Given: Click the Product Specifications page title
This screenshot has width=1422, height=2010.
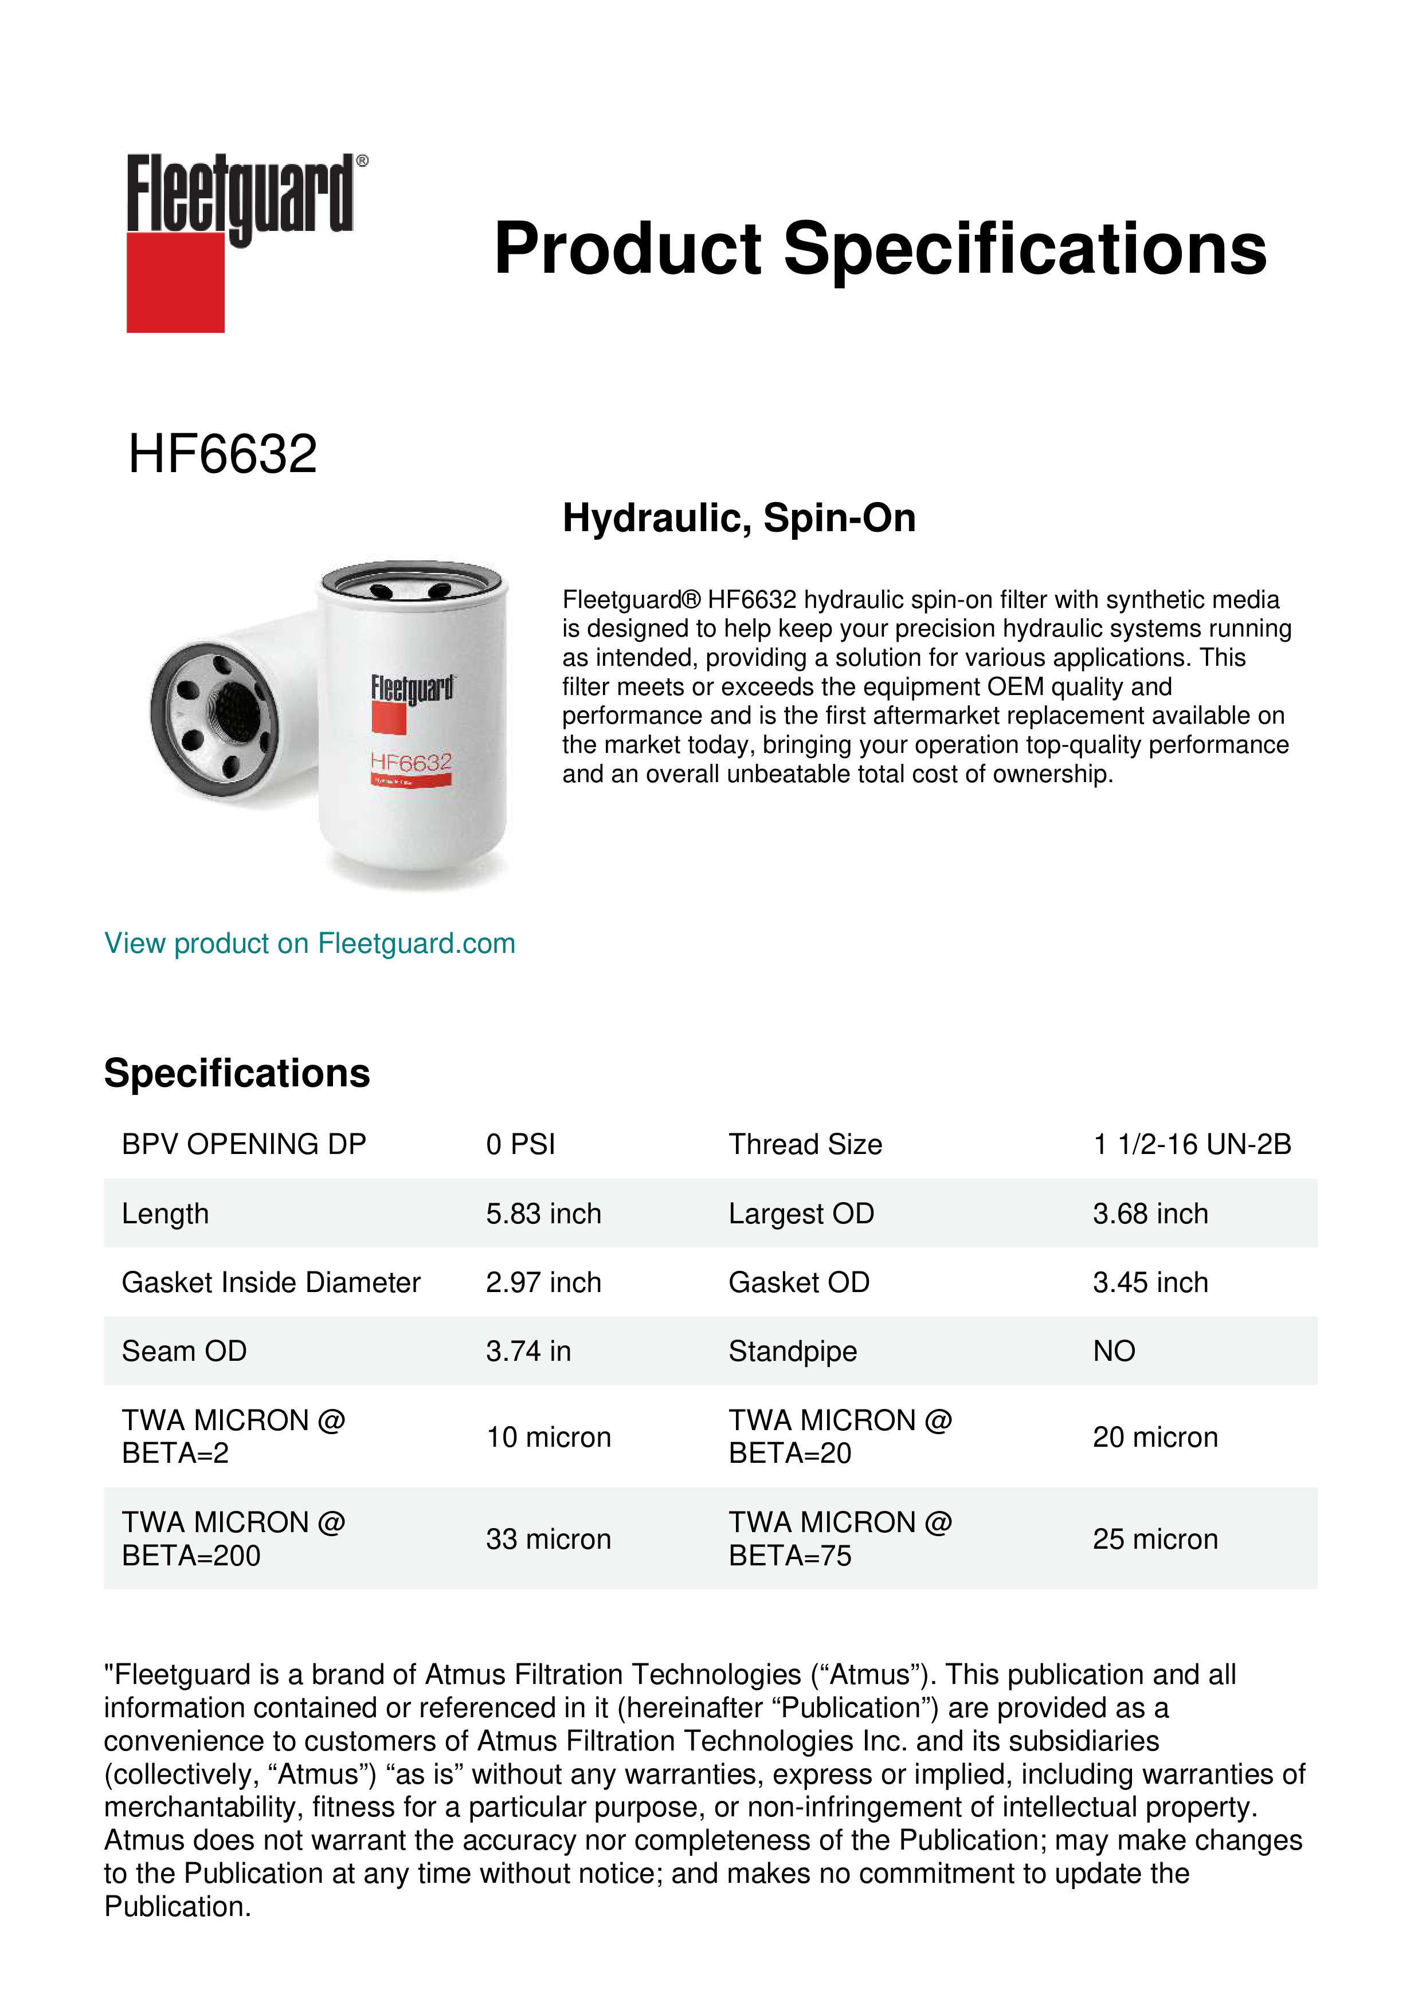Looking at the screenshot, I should [880, 249].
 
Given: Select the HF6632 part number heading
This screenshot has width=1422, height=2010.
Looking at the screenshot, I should [222, 454].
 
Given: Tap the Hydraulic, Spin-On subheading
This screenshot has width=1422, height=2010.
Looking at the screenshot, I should [739, 517].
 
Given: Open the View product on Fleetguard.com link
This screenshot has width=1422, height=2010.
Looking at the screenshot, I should [309, 944].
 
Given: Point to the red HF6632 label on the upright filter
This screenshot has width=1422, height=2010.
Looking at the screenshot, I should [410, 763].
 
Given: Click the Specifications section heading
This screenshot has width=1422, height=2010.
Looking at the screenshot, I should [236, 1073].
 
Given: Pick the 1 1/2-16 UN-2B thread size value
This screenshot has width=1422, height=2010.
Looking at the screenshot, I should [1192, 1144].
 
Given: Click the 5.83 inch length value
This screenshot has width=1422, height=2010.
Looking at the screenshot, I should [543, 1214].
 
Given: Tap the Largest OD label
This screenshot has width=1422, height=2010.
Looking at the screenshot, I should [801, 1214].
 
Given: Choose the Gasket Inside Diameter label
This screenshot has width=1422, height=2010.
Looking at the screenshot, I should [271, 1282].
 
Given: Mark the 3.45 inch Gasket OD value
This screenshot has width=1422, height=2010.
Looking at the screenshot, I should [1150, 1282].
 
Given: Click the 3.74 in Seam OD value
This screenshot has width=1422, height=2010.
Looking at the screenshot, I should [528, 1352].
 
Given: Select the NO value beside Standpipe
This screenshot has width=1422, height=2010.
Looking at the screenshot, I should [1114, 1352].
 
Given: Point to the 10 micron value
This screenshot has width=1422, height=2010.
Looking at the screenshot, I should [548, 1438].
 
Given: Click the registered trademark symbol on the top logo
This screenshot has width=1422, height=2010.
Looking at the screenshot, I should [362, 161].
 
